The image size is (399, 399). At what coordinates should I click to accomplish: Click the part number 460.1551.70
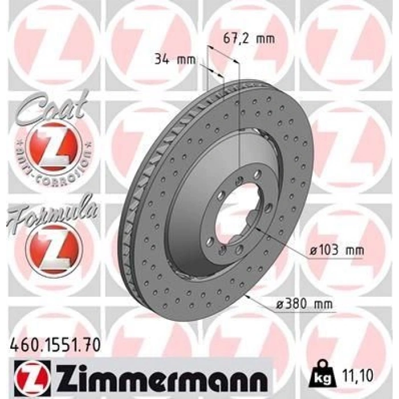click(56, 344)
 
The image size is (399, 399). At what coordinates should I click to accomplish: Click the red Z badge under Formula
click(54, 247)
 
